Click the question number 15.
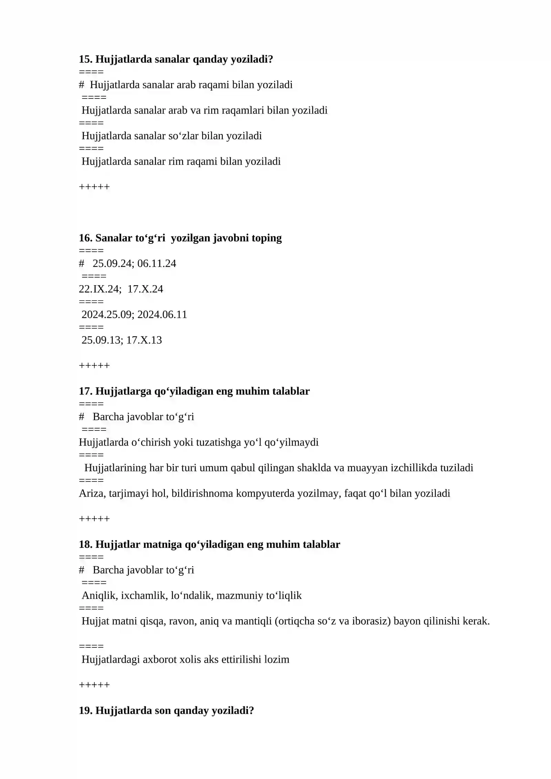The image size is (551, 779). [85, 59]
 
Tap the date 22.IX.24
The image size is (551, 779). [100, 289]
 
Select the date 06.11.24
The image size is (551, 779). [157, 263]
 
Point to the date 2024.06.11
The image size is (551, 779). [162, 314]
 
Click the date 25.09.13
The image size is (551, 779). [102, 340]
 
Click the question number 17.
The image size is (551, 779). [85, 391]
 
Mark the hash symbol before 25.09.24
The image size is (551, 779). [82, 263]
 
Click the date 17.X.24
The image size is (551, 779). [145, 289]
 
